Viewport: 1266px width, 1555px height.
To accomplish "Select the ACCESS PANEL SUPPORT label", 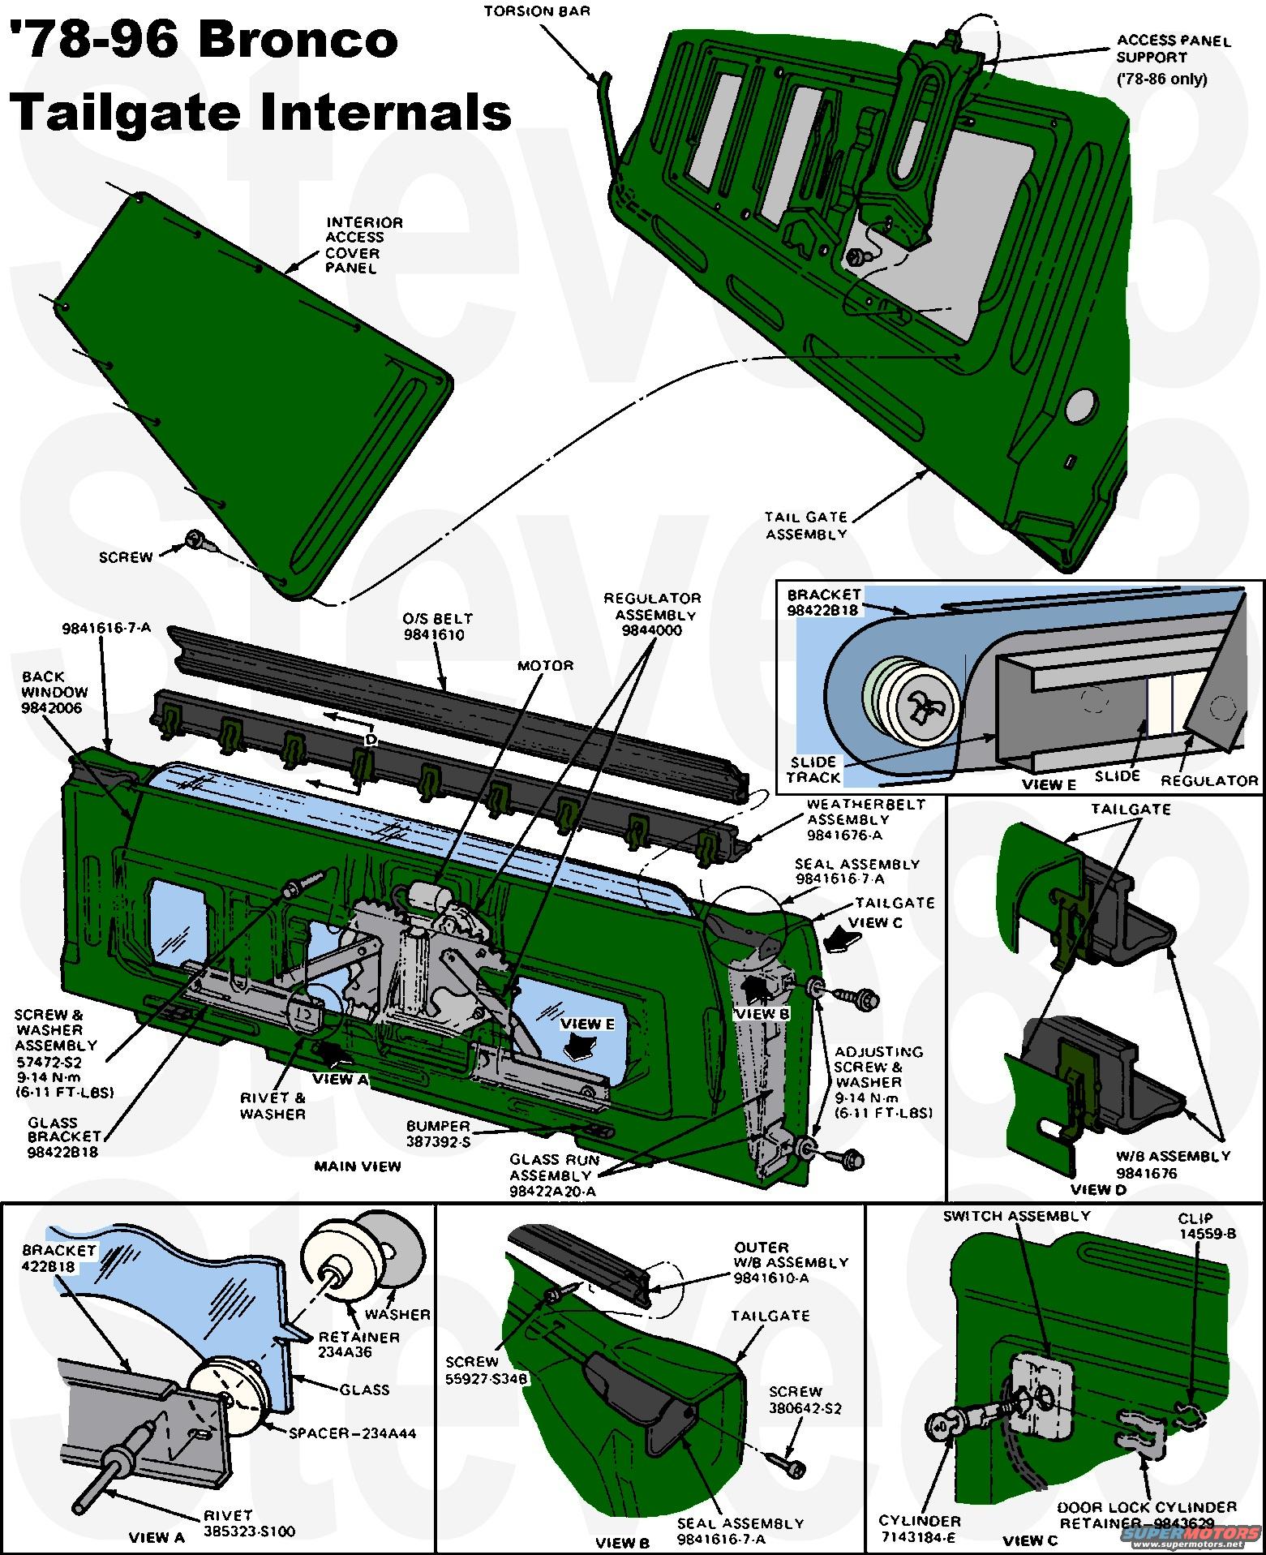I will (x=1173, y=49).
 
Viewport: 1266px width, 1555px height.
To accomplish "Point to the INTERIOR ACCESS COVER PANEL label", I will (x=364, y=244).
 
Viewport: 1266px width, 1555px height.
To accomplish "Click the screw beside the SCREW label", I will (x=196, y=539).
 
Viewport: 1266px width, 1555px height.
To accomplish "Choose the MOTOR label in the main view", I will (x=545, y=666).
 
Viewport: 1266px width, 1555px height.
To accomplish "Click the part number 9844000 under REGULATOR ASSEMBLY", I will (x=652, y=630).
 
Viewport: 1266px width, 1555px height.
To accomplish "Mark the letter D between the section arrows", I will (x=371, y=740).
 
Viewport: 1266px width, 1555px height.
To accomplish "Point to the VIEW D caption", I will (x=1098, y=1190).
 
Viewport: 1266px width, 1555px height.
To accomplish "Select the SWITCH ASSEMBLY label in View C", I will (x=1016, y=1216).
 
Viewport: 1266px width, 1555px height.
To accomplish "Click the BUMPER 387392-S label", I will (x=438, y=1133).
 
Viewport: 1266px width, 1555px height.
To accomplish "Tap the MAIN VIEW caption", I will (x=358, y=1166).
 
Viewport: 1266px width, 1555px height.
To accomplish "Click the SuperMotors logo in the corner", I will (x=1191, y=1536).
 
